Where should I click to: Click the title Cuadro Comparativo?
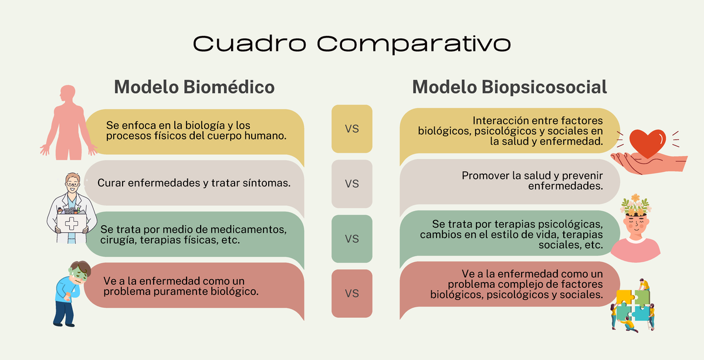[x=351, y=43]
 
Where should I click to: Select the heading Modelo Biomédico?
[x=194, y=87]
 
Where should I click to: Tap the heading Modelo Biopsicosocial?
[x=509, y=87]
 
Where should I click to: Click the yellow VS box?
[x=352, y=129]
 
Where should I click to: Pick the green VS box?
[x=352, y=239]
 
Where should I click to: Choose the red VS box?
[x=352, y=293]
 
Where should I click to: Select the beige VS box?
[x=352, y=184]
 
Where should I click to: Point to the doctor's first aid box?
[x=71, y=223]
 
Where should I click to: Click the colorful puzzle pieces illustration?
[x=634, y=308]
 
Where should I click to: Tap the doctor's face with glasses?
[x=72, y=183]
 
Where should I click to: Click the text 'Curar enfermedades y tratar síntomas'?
[x=194, y=183]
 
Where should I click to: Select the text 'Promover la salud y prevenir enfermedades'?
[x=533, y=181]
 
